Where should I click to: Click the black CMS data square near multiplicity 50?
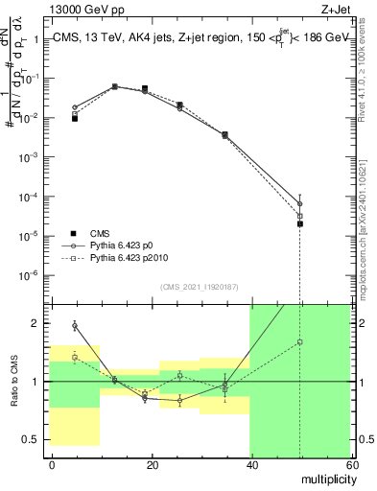pos(300,223)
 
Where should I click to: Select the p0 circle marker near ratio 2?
pos(75,326)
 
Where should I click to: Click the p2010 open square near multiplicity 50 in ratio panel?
pos(300,341)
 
